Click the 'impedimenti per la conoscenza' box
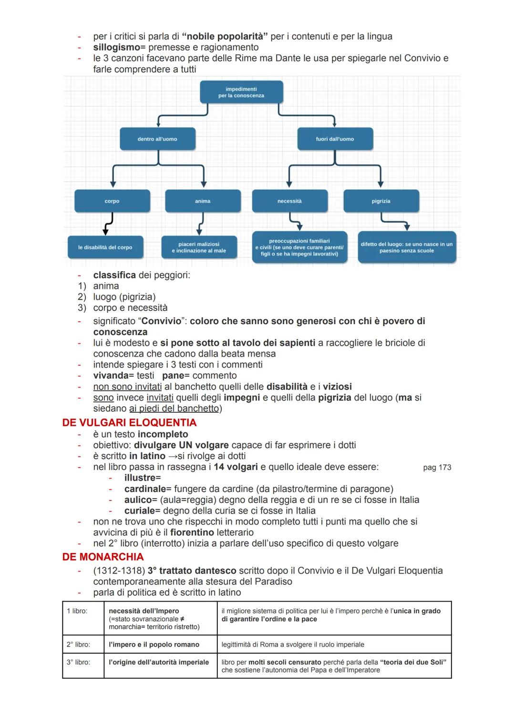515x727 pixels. pos(241,92)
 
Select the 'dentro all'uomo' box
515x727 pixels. pos(157,139)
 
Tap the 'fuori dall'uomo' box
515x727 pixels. pos(335,139)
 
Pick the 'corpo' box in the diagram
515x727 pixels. pos(112,201)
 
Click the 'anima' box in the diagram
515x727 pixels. pos(203,201)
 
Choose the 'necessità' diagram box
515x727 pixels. pos(289,201)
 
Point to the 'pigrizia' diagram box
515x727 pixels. pos(381,201)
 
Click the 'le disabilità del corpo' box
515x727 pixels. pos(105,247)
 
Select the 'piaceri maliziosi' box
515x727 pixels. pos(199,247)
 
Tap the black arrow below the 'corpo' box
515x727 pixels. pos(108,224)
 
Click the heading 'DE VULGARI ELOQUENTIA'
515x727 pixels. pos(129,423)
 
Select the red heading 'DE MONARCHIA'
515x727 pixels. pos(103,557)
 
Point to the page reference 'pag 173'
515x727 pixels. pos(437,468)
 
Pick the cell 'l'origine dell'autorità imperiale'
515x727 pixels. pos(159,662)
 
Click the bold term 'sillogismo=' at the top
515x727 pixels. pos(119,47)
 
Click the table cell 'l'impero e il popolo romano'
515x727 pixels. pos(154,645)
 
